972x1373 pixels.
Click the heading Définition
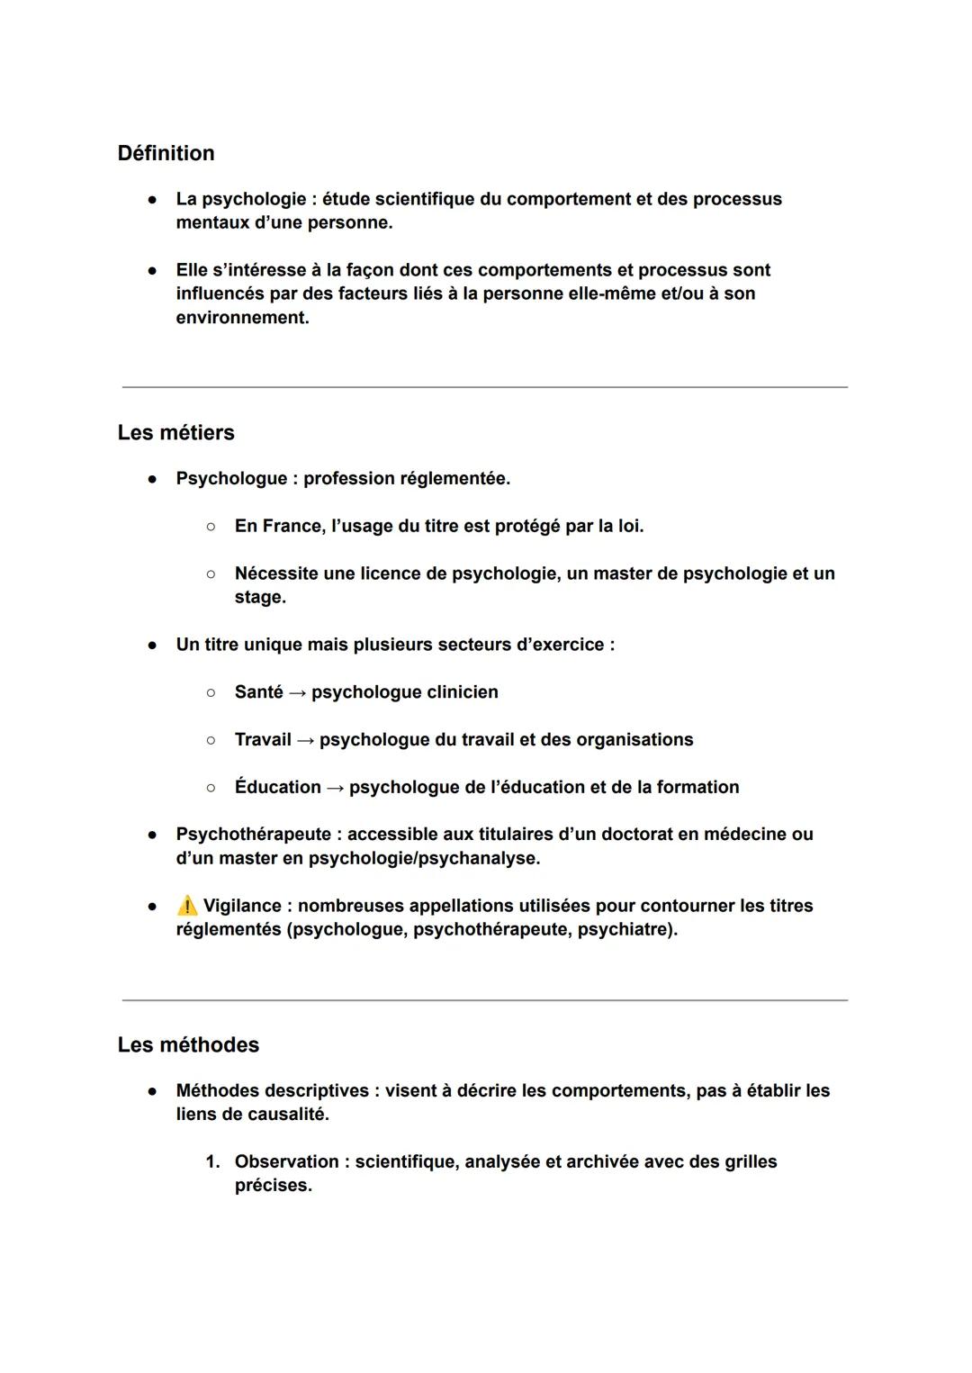coord(166,153)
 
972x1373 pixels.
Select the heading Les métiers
coord(175,433)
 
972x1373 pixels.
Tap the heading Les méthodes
coord(188,1045)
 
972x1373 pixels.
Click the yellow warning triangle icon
coord(187,906)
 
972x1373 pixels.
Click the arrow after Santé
coord(297,692)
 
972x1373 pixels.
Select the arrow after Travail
coord(305,740)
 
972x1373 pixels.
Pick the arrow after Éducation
coord(335,788)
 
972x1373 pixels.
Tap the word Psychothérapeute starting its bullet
coord(254,835)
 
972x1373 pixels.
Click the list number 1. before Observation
coord(212,1162)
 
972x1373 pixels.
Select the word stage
coord(259,598)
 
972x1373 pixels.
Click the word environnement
coord(241,318)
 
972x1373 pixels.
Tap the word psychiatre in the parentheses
coord(625,929)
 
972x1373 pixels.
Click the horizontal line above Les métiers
coord(485,387)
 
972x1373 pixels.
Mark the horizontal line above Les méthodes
coord(485,999)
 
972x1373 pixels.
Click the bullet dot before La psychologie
coord(153,199)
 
